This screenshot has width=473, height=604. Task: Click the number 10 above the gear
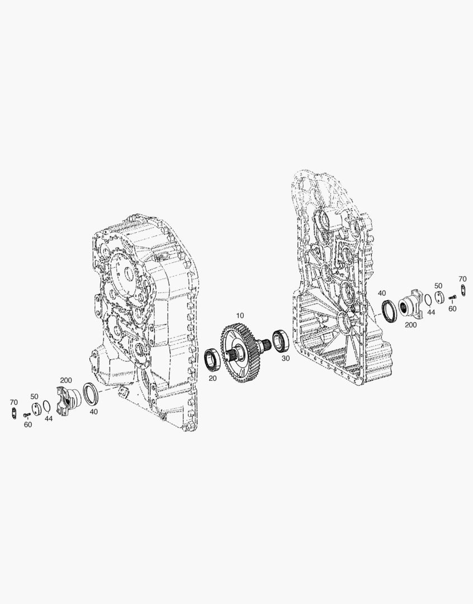pos(240,315)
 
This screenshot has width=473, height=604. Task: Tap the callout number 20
pos(212,378)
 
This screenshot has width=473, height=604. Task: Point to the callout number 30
pos(286,358)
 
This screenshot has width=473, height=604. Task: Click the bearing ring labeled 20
pos(211,358)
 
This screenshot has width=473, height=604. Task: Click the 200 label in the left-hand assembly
pos(66,381)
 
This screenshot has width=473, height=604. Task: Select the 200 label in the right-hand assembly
pos(411,325)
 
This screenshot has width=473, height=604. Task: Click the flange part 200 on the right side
pos(411,303)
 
